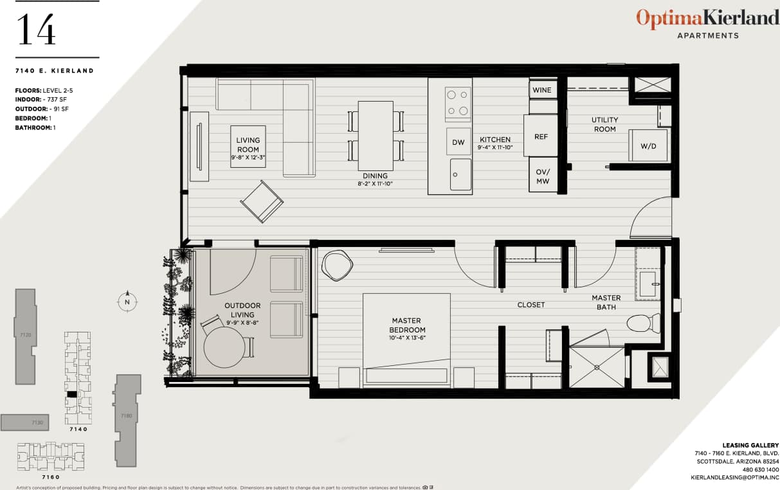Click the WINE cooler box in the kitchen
542,90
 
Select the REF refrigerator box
541,136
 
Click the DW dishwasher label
458,142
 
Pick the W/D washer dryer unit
648,145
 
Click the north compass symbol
127,301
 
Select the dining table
376,135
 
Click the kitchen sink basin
460,174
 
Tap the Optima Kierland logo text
707,18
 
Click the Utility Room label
604,124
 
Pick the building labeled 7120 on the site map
25,334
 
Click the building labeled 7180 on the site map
125,418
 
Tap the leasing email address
734,478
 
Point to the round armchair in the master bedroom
338,264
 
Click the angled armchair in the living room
262,201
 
